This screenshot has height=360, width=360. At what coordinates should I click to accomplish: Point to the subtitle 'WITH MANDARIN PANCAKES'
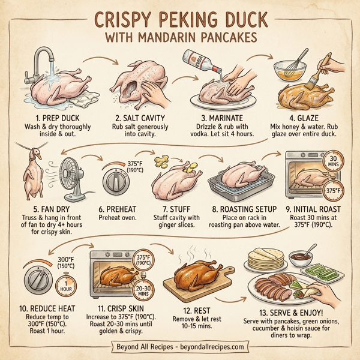point(180,37)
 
